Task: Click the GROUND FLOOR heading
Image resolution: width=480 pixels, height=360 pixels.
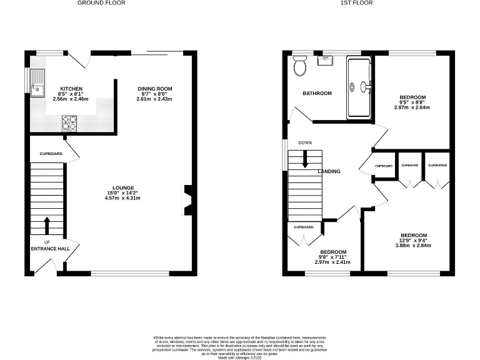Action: tap(101, 3)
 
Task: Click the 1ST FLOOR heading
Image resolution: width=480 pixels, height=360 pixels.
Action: tap(356, 3)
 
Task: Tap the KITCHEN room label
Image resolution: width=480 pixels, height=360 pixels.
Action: tap(71, 89)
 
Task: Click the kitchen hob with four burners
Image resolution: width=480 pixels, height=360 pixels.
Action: tap(69, 124)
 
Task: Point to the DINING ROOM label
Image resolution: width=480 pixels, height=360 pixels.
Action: tap(155, 89)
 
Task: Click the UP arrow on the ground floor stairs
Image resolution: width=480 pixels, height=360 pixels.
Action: tap(47, 226)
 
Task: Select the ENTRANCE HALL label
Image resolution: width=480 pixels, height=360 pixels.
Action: tap(51, 249)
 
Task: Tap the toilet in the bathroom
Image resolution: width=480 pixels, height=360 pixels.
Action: tap(299, 65)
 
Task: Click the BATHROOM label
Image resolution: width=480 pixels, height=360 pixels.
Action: tap(317, 93)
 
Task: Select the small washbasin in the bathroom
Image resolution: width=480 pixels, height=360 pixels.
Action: tap(325, 60)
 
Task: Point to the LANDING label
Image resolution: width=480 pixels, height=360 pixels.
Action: tap(329, 171)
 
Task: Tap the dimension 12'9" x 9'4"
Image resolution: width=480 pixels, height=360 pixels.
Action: tap(413, 239)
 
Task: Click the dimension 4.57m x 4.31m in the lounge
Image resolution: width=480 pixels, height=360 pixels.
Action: tap(122, 198)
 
